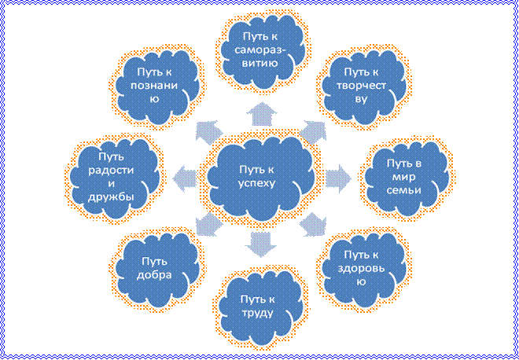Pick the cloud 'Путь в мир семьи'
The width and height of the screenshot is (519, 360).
pos(407,178)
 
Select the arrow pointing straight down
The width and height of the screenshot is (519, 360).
pos(262,244)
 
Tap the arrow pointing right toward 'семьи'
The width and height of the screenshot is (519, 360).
pos(338,179)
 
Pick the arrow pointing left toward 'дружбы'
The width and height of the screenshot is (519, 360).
pos(185,179)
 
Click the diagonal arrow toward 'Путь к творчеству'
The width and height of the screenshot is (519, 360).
pos(312,132)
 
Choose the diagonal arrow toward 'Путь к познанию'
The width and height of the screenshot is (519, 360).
pos(209,132)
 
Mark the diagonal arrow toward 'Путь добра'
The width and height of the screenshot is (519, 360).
pos(209,224)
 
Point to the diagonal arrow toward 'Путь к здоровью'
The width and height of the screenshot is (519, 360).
pos(312,224)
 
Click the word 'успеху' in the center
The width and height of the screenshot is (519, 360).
pos(257,183)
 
